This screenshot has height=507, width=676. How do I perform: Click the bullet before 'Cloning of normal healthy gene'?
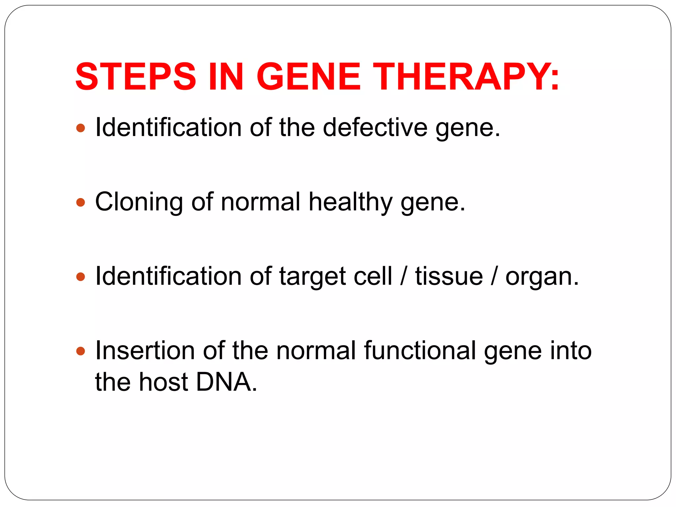tap(81, 202)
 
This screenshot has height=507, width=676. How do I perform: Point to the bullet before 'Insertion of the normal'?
tap(81, 351)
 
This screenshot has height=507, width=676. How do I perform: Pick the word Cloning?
tap(139, 202)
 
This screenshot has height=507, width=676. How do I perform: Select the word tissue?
tap(449, 276)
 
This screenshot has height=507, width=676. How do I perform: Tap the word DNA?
tap(226, 382)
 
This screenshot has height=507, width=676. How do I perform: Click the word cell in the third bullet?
tap(373, 276)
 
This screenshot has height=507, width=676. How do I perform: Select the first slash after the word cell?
tap(403, 276)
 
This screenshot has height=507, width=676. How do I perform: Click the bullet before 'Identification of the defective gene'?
tap(81, 128)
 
